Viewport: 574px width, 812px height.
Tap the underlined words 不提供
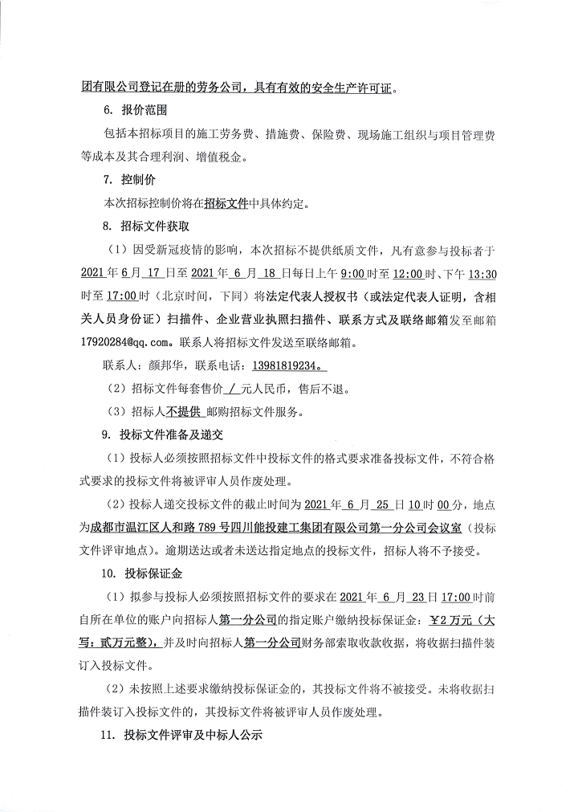click(x=183, y=412)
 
